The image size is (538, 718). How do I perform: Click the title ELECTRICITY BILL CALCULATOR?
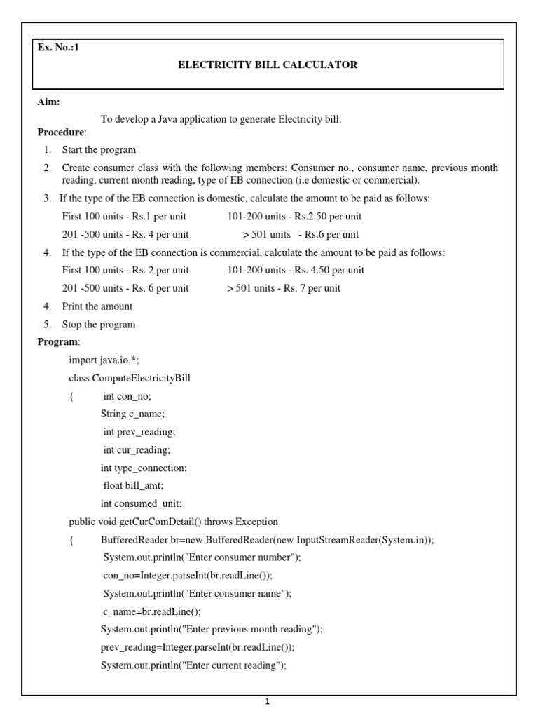click(268, 65)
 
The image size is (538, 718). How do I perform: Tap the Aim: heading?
click(48, 102)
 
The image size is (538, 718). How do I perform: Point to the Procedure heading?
click(61, 132)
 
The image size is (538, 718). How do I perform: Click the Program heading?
click(58, 341)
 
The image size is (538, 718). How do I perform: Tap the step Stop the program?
click(99, 325)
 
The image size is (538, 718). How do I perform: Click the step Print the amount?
click(97, 306)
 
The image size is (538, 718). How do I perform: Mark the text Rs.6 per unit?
click(335, 235)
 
